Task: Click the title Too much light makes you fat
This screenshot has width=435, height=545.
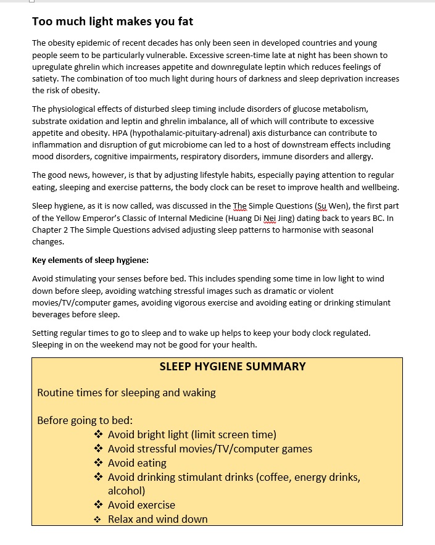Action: click(112, 22)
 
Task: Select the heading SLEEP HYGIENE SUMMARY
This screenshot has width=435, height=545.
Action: click(233, 367)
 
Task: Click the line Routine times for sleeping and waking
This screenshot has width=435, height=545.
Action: click(126, 393)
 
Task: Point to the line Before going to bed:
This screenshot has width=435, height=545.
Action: click(85, 421)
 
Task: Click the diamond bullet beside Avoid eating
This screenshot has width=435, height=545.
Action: click(99, 463)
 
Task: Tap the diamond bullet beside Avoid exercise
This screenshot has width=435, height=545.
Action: click(99, 505)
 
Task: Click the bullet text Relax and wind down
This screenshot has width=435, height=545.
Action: click(157, 519)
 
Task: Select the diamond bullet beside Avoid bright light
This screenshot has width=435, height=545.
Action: click(99, 435)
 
